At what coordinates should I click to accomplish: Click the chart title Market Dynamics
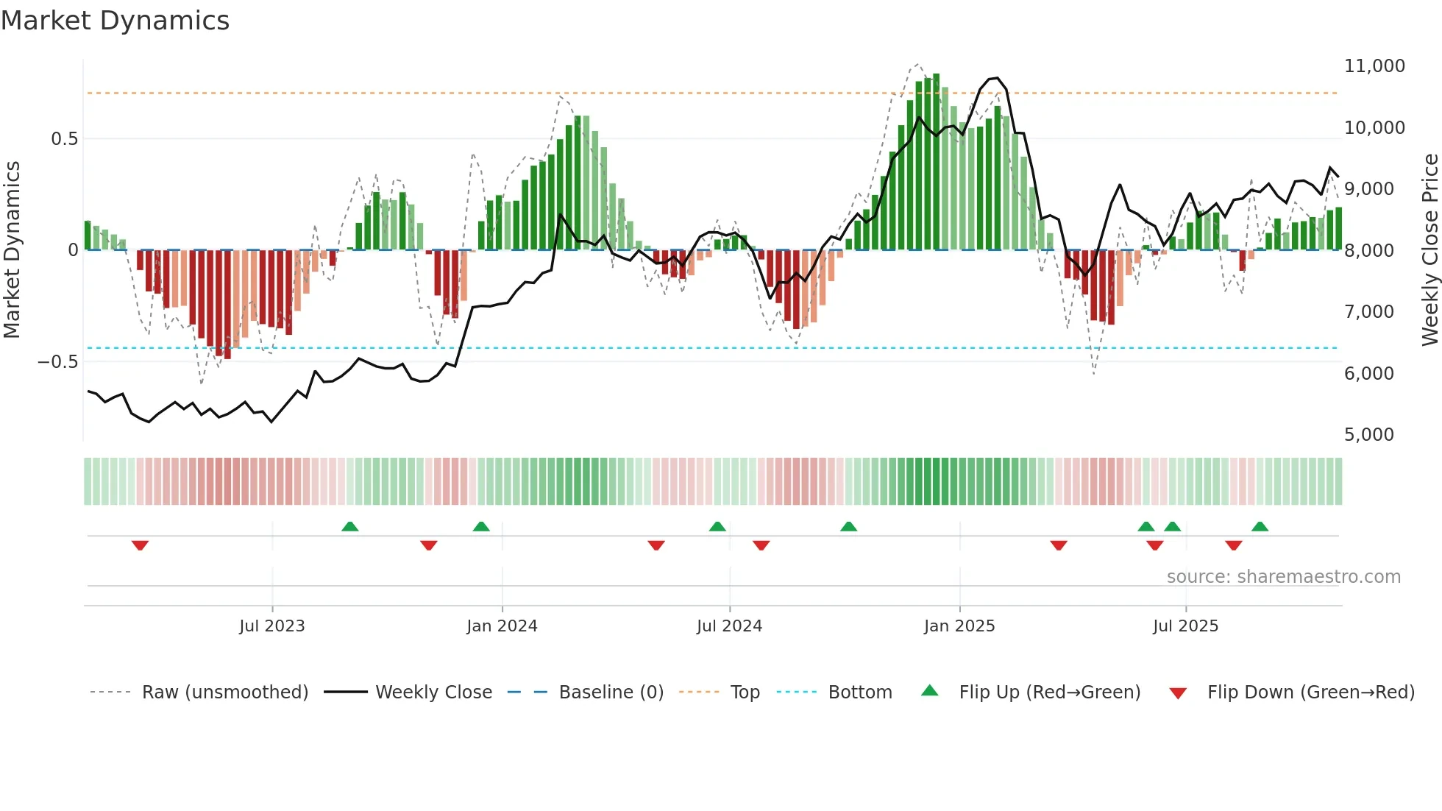[116, 21]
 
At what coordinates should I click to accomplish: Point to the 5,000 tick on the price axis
[1368, 435]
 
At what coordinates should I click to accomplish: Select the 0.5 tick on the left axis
[64, 139]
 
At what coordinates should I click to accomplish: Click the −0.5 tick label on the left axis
[57, 362]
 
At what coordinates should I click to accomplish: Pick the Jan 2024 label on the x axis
[502, 626]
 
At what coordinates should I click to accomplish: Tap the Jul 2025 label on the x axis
[1185, 626]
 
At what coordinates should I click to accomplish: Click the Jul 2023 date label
[271, 626]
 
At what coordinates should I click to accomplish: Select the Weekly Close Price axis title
[1429, 250]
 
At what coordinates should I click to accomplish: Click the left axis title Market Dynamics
[12, 250]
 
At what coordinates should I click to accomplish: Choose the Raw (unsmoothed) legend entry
[224, 693]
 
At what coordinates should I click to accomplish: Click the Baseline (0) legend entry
[611, 693]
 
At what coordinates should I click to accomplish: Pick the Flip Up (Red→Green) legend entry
[1049, 693]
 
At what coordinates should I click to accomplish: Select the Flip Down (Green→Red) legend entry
[1310, 693]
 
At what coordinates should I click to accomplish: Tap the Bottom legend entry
[859, 693]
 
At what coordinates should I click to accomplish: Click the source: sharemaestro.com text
[1283, 577]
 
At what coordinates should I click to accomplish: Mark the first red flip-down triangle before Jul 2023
[140, 545]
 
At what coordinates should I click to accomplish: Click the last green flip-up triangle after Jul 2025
[1260, 527]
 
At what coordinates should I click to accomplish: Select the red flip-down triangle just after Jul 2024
[761, 545]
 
